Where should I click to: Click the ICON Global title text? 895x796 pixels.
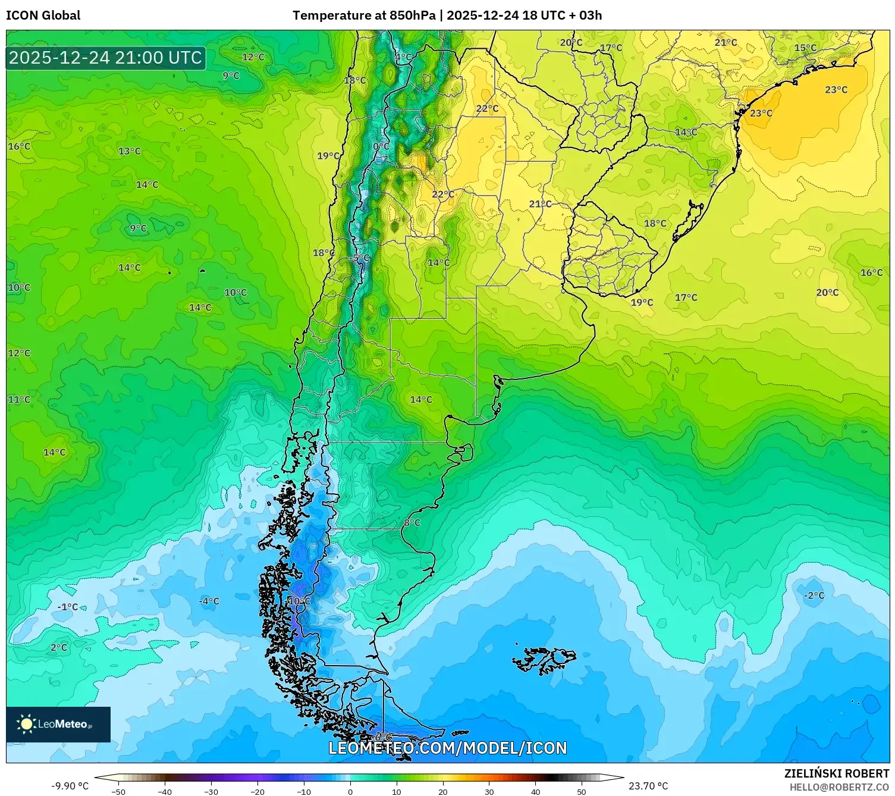43,15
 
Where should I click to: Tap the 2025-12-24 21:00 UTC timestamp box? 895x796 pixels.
105,58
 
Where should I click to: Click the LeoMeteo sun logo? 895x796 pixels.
26,724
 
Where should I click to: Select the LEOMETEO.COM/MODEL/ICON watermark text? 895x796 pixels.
447,748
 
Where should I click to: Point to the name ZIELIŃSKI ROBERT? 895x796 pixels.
836,774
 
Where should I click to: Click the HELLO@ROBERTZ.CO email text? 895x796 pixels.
839,787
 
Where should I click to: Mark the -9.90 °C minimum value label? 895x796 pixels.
70,786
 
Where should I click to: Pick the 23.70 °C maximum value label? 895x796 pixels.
648,786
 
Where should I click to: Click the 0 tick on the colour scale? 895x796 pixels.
350,792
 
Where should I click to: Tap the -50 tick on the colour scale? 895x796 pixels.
118,792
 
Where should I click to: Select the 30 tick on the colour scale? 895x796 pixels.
489,792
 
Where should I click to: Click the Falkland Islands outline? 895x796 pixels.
544,660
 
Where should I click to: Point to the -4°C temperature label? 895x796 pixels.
209,601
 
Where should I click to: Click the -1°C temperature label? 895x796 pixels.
68,607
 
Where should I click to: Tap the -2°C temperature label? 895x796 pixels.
814,596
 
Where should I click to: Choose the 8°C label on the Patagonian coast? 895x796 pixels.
412,523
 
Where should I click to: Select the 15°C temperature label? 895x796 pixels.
805,48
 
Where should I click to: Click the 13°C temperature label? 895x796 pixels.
130,151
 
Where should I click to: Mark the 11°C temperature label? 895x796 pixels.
19,400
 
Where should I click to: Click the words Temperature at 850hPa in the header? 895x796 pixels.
364,15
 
